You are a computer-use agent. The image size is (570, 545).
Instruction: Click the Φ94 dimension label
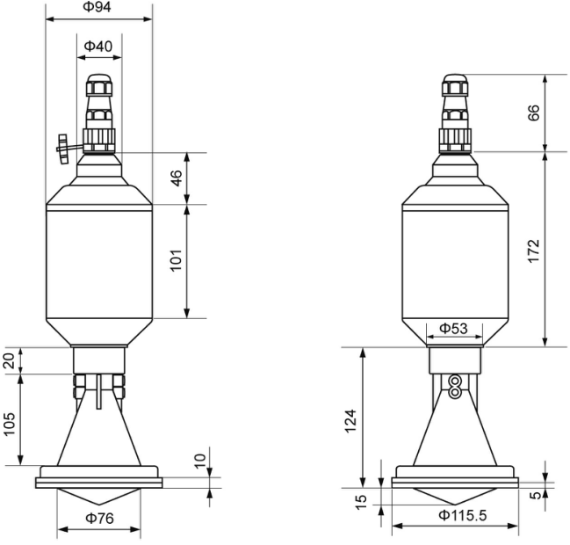tap(97, 7)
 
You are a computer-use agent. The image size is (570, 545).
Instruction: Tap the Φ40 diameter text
tap(98, 47)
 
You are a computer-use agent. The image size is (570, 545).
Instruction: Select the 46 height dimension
tap(177, 178)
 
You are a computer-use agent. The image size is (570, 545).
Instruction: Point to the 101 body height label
tap(177, 260)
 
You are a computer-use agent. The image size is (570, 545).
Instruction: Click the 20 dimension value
tap(10, 360)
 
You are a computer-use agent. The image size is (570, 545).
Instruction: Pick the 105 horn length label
tap(10, 424)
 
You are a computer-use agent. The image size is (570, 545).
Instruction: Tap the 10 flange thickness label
tap(199, 461)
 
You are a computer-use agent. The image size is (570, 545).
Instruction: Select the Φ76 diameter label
tap(99, 518)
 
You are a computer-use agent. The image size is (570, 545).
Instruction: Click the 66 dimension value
tap(534, 113)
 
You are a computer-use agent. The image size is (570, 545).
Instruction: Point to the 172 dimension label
tap(534, 251)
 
